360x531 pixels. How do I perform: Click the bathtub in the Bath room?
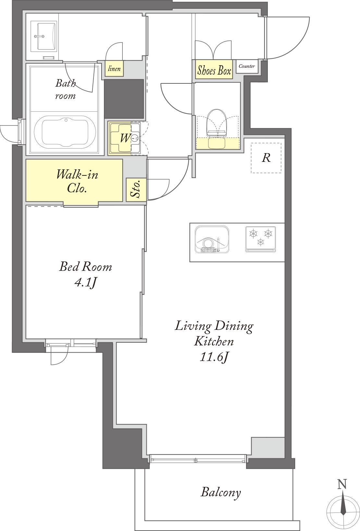pyautogui.click(x=65, y=132)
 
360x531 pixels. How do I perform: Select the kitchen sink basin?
pyautogui.click(x=212, y=239)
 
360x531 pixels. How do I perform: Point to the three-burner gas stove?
pyautogui.click(x=261, y=239)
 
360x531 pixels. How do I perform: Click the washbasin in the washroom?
pyautogui.click(x=43, y=36)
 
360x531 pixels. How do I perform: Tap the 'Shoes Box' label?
pyautogui.click(x=214, y=70)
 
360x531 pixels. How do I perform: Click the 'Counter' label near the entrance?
pyautogui.click(x=247, y=66)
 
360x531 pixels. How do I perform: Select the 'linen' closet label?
pyautogui.click(x=114, y=69)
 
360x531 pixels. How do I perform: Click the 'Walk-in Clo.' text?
pyautogui.click(x=77, y=182)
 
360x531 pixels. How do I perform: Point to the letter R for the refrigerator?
pyautogui.click(x=266, y=158)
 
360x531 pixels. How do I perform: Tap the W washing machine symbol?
pyautogui.click(x=125, y=138)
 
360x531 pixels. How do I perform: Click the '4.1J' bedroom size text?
pyautogui.click(x=85, y=283)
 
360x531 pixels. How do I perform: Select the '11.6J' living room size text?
pyautogui.click(x=214, y=357)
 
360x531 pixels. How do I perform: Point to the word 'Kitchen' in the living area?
pyautogui.click(x=214, y=341)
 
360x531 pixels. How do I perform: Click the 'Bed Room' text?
pyautogui.click(x=85, y=266)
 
